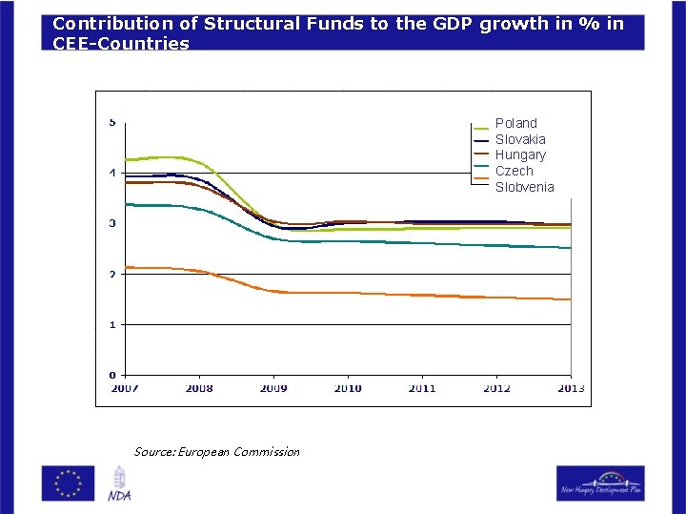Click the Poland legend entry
tap(515, 123)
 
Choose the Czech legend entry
tap(514, 171)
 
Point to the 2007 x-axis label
tap(125, 388)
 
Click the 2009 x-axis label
tap(273, 388)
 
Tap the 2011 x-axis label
tap(422, 388)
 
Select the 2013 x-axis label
tap(570, 388)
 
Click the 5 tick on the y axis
tap(112, 122)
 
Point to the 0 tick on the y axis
tap(112, 375)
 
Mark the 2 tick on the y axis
tap(112, 274)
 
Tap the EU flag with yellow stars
tap(68, 483)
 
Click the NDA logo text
tap(119, 495)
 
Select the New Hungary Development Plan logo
tap(600, 483)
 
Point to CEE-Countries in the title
tap(121, 43)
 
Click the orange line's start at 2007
tap(127, 267)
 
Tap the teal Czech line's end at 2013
tap(570, 248)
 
